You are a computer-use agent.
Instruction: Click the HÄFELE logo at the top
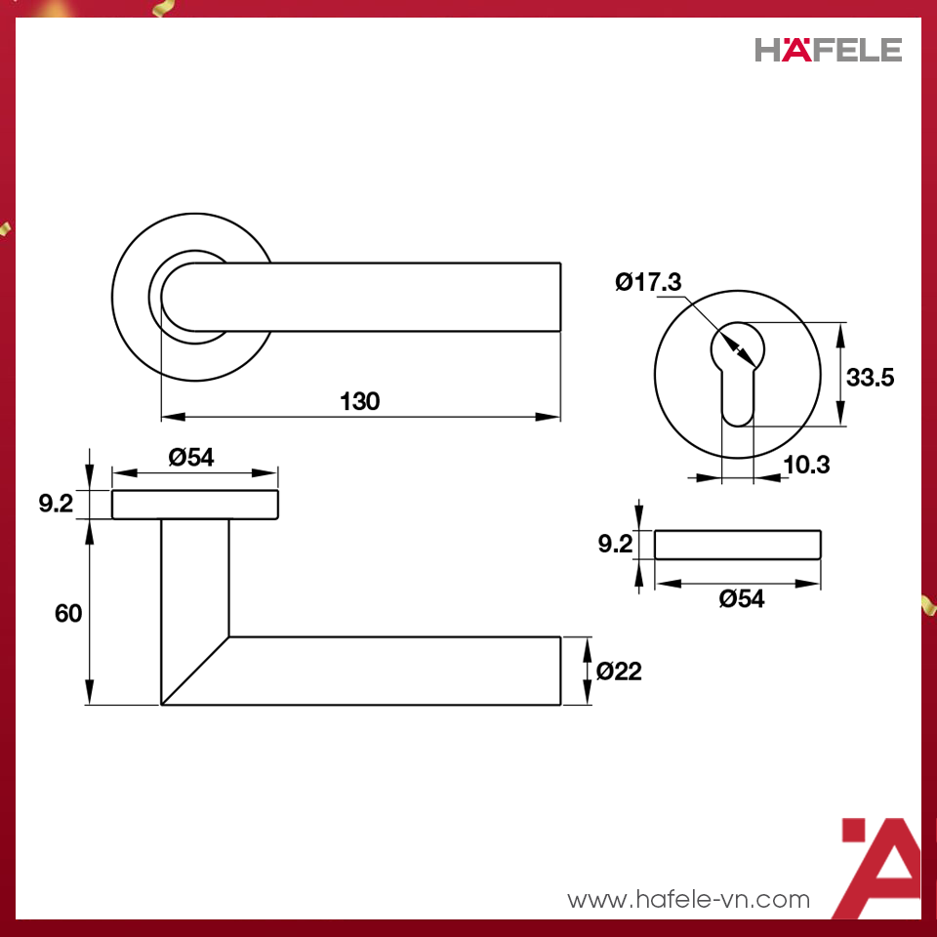[x=828, y=50]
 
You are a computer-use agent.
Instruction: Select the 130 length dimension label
[x=359, y=401]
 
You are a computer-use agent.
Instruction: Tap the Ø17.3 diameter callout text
[x=648, y=283]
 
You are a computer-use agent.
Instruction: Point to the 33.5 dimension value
[x=870, y=378]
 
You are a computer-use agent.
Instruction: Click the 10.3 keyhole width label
[x=806, y=466]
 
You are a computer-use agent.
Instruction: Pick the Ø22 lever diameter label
[x=619, y=672]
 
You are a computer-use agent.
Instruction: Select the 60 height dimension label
[x=68, y=613]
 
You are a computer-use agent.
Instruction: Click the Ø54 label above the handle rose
[x=190, y=457]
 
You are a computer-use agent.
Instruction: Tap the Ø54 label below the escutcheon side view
[x=742, y=599]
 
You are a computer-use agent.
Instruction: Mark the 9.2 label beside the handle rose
[x=56, y=505]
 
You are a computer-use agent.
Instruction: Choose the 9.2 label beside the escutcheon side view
[x=616, y=545]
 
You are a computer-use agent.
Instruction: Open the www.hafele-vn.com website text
[x=689, y=899]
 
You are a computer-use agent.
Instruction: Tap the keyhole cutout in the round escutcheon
[x=737, y=376]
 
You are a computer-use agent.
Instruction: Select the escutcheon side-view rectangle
[x=737, y=545]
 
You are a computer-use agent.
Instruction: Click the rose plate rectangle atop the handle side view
[x=195, y=505]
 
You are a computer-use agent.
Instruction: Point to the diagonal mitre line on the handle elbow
[x=195, y=671]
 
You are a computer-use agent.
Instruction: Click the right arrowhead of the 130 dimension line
[x=550, y=418]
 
